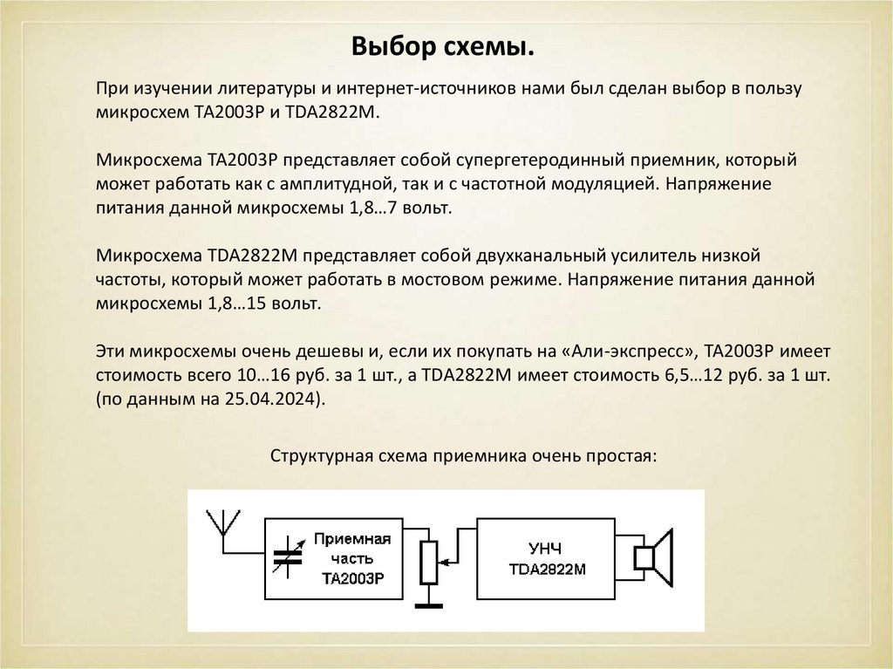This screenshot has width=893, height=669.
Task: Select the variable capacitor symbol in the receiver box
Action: click(x=289, y=557)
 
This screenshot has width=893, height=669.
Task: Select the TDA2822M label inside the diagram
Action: click(x=546, y=570)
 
